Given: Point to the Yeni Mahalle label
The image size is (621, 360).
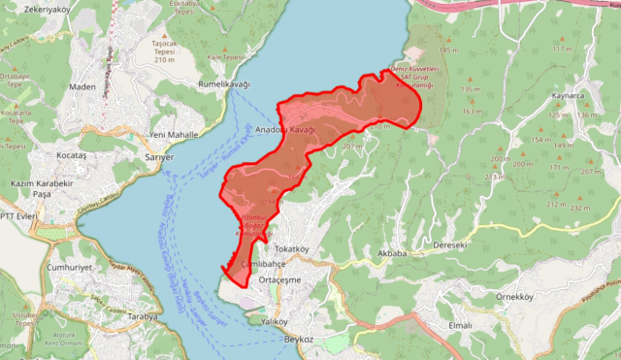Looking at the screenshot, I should coord(173,134).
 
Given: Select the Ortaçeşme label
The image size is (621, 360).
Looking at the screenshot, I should coord(281,279).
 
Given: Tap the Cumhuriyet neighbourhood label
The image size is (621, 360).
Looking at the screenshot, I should coord(69,266).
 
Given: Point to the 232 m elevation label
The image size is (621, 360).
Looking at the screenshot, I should coord(581,208).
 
